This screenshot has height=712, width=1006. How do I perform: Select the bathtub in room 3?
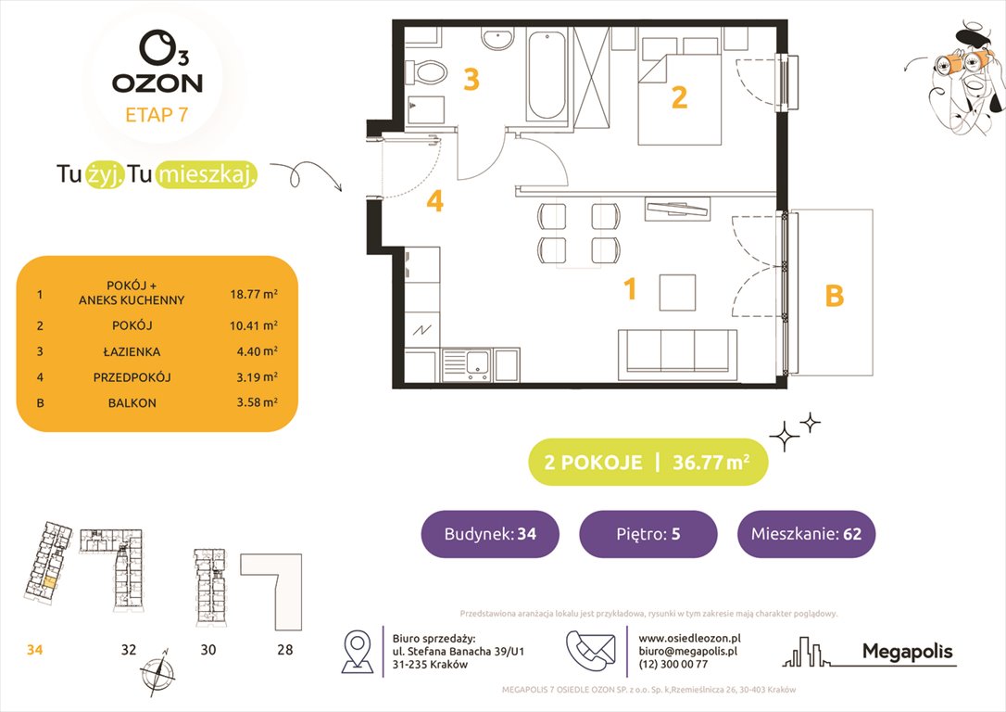[550, 74]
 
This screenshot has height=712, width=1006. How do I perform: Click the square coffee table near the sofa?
[678, 292]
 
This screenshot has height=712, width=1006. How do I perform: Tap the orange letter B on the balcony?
[834, 296]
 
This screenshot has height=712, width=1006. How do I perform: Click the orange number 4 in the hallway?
[435, 201]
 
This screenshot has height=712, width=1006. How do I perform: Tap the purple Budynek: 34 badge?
[489, 534]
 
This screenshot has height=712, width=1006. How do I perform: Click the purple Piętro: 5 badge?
[648, 534]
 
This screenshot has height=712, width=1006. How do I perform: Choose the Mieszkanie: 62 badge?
[806, 534]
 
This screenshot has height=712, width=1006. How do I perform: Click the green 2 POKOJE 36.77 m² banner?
[648, 462]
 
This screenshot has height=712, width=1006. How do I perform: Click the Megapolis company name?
[907, 652]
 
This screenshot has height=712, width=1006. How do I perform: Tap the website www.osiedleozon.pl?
[689, 639]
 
